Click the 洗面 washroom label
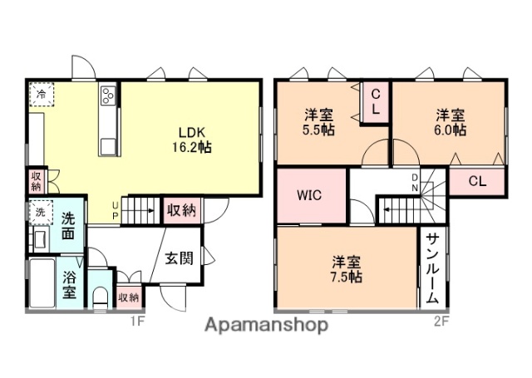[x=71, y=225]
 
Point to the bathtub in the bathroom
[x=42, y=283]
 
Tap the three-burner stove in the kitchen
[x=109, y=96]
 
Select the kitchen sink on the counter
[x=109, y=146]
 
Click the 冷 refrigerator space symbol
[x=40, y=95]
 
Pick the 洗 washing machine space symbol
[x=39, y=212]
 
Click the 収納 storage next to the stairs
[x=181, y=210]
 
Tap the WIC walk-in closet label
[x=310, y=196]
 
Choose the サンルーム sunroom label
[x=433, y=268]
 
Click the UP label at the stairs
[x=116, y=212]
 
